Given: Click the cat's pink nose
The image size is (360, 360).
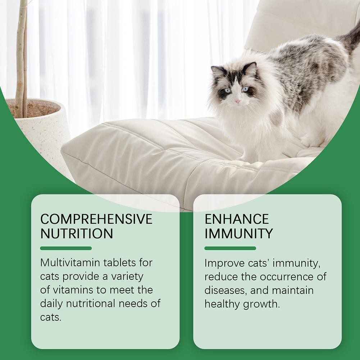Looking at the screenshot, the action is [x=237, y=101].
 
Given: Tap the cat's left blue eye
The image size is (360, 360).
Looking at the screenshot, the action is [x=228, y=91].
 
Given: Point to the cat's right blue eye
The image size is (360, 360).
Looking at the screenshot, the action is [x=245, y=89].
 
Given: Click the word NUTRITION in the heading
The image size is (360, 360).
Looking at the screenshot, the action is [x=77, y=233].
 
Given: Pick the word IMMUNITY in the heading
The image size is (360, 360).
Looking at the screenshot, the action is [x=238, y=233].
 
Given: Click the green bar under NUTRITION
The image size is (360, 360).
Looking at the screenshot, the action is [x=66, y=248].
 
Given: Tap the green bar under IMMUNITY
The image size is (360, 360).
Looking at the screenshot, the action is [x=230, y=248].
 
